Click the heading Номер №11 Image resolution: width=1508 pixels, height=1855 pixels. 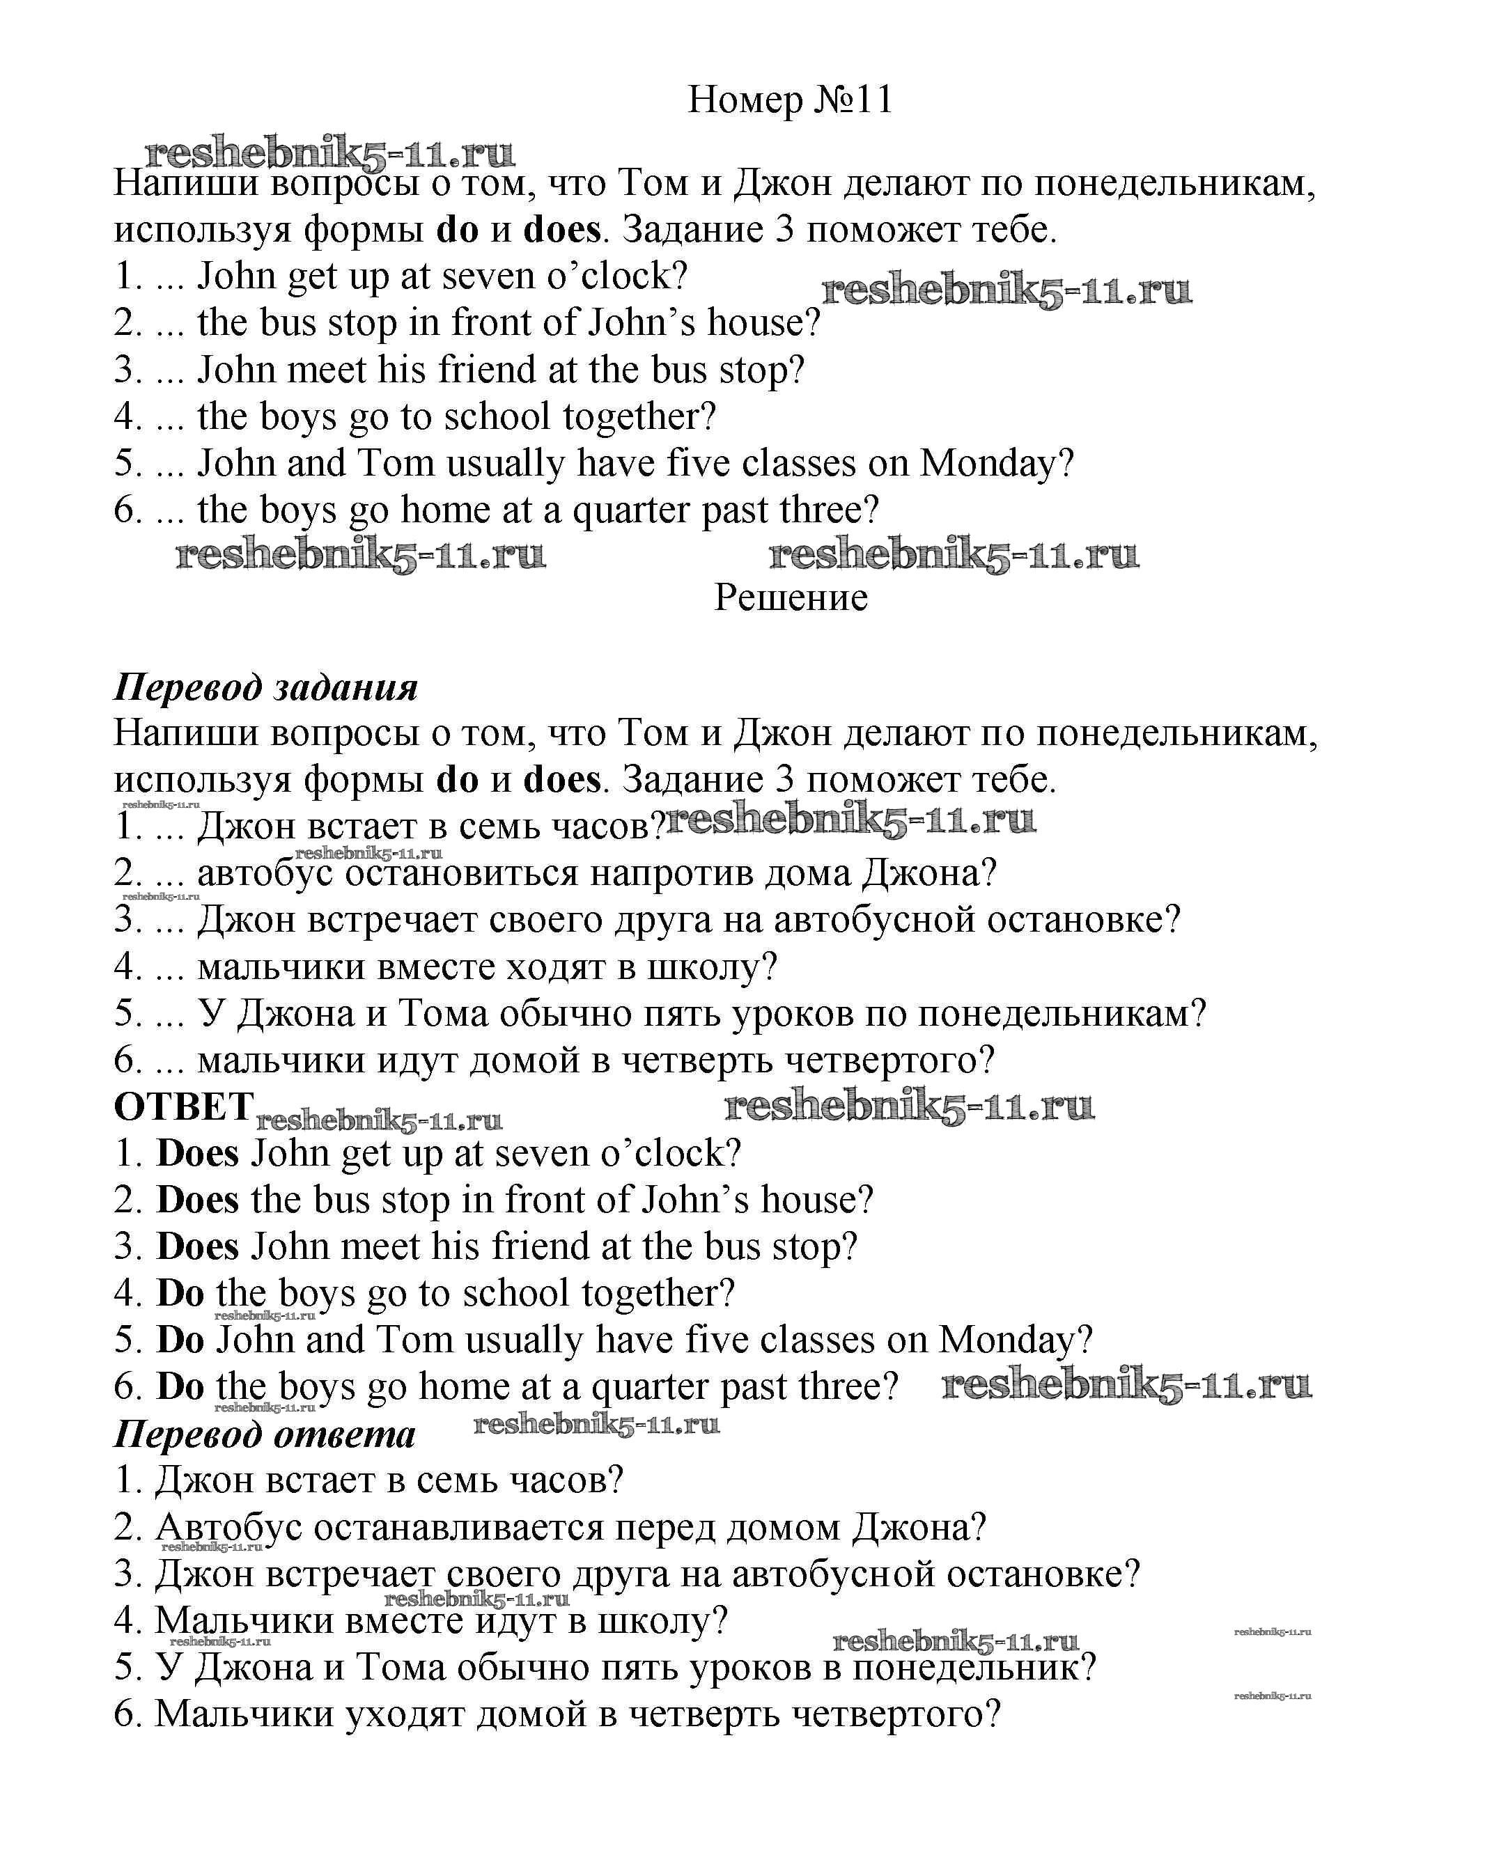click(x=790, y=101)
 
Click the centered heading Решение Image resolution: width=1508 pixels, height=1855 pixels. click(x=791, y=597)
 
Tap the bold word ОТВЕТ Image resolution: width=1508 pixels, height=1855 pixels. click(x=183, y=1107)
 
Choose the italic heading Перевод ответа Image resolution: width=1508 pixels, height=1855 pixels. click(x=265, y=1434)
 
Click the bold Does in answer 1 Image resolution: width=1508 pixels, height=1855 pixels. click(x=197, y=1153)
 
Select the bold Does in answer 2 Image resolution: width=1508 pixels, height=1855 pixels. click(x=197, y=1200)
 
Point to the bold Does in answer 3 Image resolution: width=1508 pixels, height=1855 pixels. click(x=197, y=1247)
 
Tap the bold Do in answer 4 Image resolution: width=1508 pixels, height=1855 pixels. click(x=180, y=1293)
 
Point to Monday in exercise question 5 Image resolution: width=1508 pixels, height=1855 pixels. click(x=995, y=464)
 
